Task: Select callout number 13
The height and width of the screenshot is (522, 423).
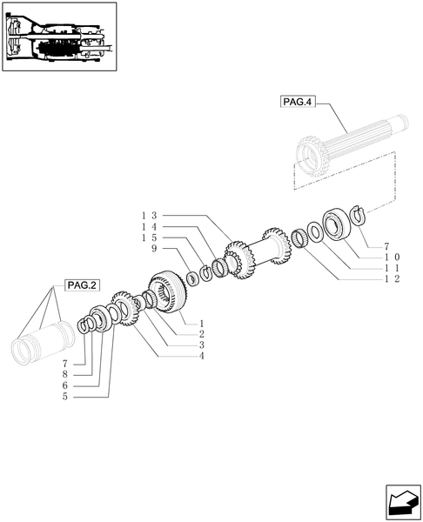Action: click(147, 214)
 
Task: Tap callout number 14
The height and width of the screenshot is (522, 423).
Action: click(147, 225)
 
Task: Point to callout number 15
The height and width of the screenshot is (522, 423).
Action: click(147, 237)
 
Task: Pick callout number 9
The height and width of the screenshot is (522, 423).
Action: click(153, 249)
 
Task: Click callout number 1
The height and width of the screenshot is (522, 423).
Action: click(200, 323)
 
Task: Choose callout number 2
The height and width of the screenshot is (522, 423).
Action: click(200, 333)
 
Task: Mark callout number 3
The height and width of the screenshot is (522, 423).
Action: click(200, 345)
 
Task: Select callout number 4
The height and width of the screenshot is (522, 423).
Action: click(200, 355)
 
